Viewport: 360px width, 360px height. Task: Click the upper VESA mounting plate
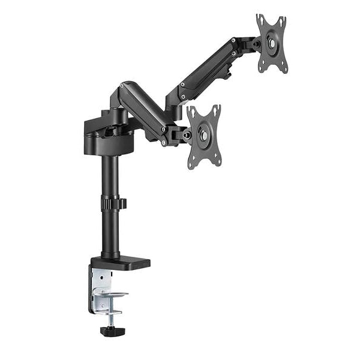272,43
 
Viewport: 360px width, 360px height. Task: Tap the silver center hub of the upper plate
272,43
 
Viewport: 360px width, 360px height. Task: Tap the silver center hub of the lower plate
205,136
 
